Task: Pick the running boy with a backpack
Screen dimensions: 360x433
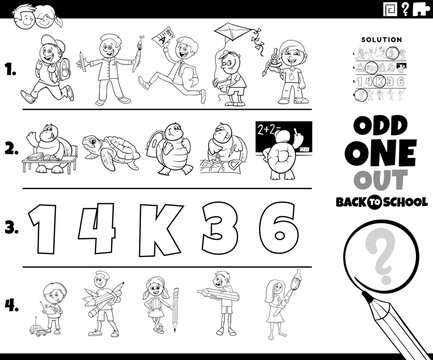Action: [47, 73]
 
